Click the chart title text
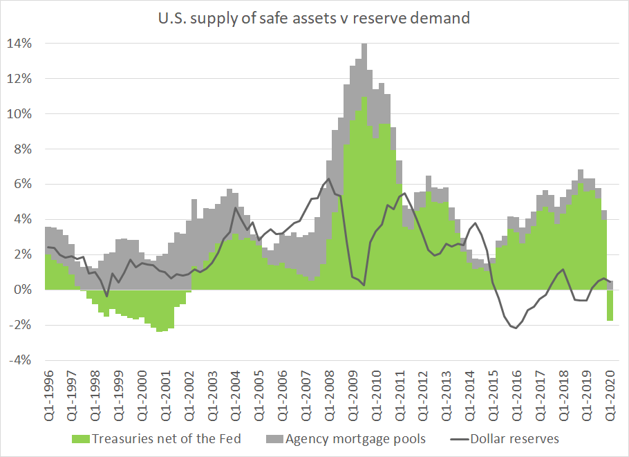pos(314,18)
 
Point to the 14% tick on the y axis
pos(20,44)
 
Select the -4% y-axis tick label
pos(20,360)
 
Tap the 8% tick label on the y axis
pos(23,149)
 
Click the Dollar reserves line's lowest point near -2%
pos(516,328)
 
